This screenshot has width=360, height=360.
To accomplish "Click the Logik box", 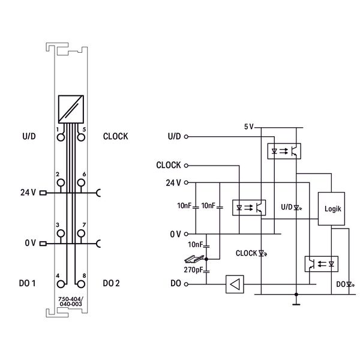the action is (x=331, y=209).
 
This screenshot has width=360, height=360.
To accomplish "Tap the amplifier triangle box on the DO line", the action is (x=235, y=284).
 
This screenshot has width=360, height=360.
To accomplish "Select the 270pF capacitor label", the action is (x=193, y=270).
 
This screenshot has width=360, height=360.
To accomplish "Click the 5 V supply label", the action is (x=248, y=127).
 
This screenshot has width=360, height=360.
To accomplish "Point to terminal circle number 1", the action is (x=61, y=137).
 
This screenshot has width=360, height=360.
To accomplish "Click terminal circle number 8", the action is (x=81, y=284).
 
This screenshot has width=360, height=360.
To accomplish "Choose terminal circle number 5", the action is (x=81, y=137).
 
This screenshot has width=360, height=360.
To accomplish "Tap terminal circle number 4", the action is (x=61, y=284).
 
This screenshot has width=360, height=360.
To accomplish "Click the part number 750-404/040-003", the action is (x=71, y=301).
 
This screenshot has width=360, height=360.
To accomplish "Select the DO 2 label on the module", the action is (x=111, y=283).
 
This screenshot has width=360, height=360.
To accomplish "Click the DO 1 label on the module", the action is (x=27, y=283).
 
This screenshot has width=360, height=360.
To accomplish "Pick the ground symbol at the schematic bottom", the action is (x=296, y=304).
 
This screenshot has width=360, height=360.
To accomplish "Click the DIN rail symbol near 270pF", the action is (x=194, y=259).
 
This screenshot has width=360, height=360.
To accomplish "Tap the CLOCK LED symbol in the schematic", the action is (x=262, y=253).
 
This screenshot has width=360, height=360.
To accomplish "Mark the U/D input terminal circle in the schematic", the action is (x=186, y=137).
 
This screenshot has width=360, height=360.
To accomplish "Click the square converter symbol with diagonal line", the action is (x=71, y=109).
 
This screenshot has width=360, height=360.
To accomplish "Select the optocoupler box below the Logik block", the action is (x=321, y=264).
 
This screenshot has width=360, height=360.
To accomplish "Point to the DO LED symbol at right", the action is (x=350, y=284).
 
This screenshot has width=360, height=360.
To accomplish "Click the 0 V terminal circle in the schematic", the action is (x=186, y=234).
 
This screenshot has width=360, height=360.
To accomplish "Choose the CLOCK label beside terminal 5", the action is (x=115, y=136).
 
